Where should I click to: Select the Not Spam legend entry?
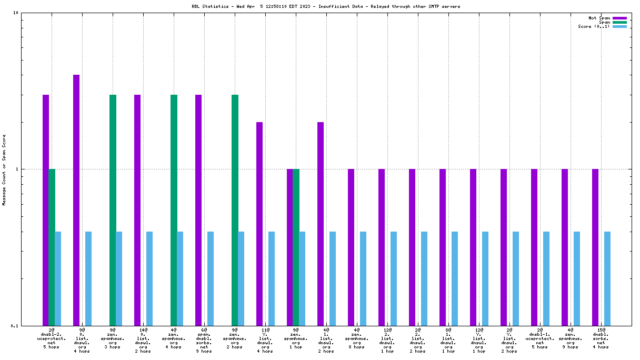click(599, 18)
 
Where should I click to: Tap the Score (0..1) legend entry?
click(594, 26)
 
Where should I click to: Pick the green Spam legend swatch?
click(619, 22)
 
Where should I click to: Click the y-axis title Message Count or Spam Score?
click(4, 169)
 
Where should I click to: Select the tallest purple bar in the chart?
click(76, 200)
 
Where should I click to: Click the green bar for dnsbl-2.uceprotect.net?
click(52, 247)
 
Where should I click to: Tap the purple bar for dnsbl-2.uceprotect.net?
click(46, 210)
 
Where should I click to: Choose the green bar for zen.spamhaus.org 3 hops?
click(113, 210)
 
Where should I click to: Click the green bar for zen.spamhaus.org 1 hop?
click(296, 247)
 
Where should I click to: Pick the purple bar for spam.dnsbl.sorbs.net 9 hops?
click(198, 210)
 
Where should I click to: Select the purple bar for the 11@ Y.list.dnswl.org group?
click(259, 224)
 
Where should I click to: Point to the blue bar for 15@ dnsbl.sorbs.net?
click(607, 278)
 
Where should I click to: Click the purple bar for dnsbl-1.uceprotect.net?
click(534, 247)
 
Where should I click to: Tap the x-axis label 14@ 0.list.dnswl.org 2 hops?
click(143, 340)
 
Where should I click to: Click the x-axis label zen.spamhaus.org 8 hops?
click(357, 340)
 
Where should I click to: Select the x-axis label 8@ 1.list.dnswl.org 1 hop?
click(448, 340)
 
